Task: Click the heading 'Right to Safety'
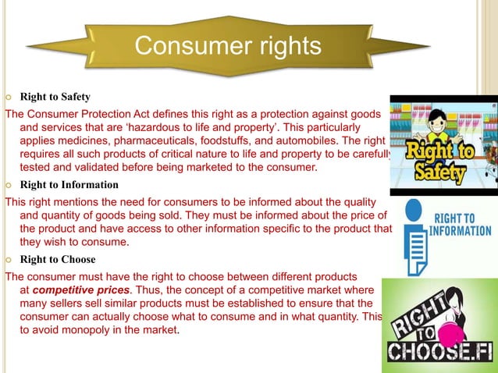pyautogui.click(x=55, y=98)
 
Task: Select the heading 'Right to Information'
pyautogui.click(x=69, y=185)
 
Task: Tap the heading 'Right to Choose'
pyautogui.click(x=58, y=260)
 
